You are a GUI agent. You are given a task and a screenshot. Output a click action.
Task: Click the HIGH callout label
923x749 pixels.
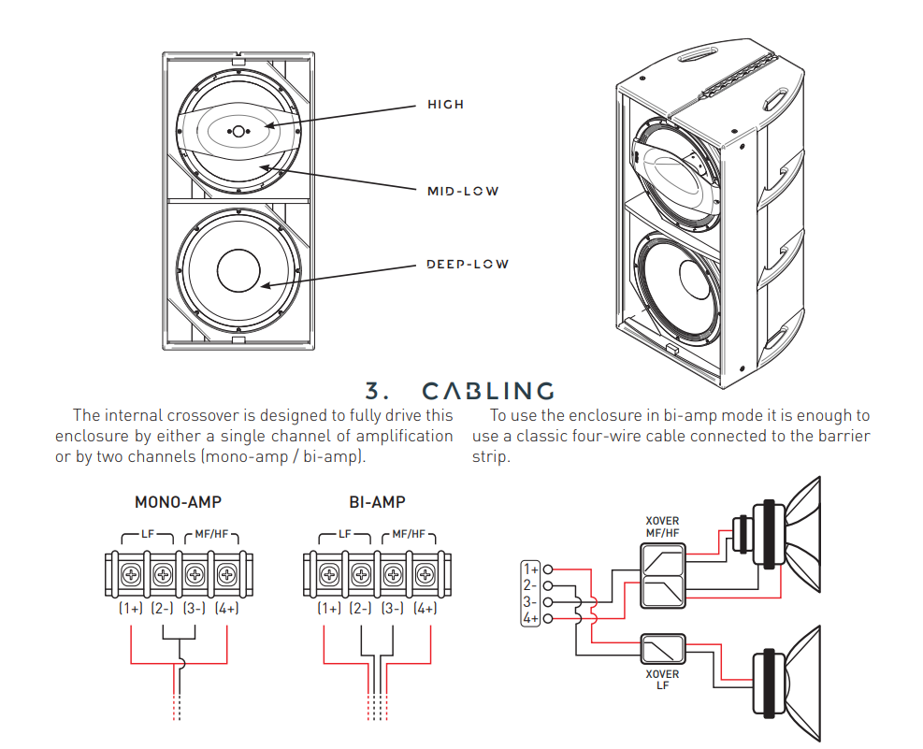tap(445, 105)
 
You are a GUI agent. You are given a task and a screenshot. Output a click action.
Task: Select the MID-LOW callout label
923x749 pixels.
tap(463, 192)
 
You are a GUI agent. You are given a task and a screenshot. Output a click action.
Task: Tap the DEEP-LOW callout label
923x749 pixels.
tap(468, 265)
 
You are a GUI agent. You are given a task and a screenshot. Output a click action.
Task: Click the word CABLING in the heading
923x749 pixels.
tap(488, 391)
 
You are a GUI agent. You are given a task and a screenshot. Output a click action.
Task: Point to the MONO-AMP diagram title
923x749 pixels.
tap(178, 502)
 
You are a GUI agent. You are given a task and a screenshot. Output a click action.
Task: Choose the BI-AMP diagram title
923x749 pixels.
tap(377, 502)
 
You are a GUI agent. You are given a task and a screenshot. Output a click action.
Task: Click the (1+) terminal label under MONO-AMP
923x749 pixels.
tap(131, 609)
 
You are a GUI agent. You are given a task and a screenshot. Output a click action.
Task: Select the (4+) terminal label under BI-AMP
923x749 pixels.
tap(425, 609)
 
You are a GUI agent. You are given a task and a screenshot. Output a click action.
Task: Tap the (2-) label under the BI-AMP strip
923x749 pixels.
tap(361, 609)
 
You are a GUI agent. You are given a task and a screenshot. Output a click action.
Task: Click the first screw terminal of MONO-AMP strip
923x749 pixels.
tap(130, 574)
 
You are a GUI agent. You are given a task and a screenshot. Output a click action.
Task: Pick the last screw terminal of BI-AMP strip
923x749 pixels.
tap(425, 574)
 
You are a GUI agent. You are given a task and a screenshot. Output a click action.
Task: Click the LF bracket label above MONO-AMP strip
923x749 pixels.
tap(148, 534)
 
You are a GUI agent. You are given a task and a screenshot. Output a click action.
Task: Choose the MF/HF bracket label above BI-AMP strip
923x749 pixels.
tap(409, 534)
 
